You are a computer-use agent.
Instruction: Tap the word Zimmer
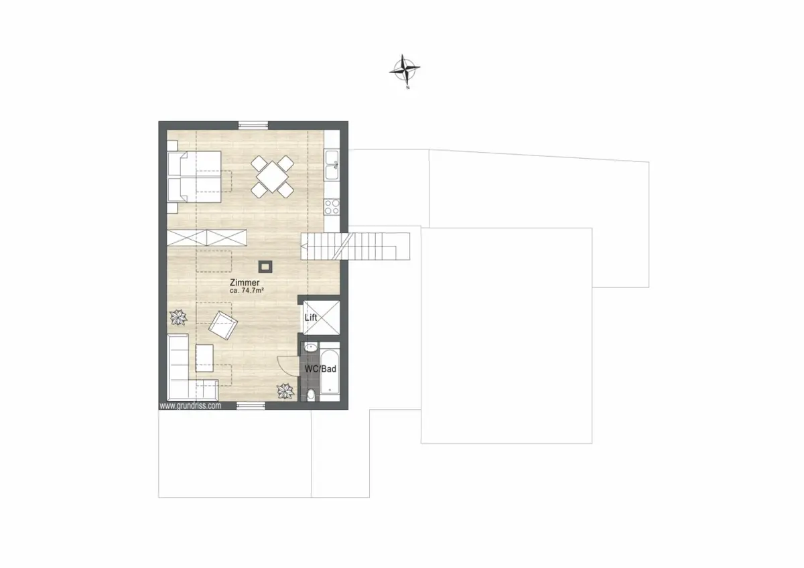245,283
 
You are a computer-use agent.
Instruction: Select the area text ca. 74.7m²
247,291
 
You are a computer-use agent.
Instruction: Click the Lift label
311,317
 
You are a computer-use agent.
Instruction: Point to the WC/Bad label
320,369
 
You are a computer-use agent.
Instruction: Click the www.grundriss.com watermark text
190,406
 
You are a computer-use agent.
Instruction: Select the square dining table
273,177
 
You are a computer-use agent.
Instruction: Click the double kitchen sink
332,165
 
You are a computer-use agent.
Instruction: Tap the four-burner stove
332,207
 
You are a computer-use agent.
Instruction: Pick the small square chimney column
265,267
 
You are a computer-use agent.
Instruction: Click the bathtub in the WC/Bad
330,372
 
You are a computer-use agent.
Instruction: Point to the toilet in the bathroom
311,395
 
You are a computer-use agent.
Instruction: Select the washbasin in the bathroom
311,348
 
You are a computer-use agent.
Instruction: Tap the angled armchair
223,325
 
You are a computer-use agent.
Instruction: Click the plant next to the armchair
178,317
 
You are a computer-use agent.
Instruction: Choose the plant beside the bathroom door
285,391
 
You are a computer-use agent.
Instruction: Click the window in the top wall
253,125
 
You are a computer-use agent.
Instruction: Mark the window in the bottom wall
251,406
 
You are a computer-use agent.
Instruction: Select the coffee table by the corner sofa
204,358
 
